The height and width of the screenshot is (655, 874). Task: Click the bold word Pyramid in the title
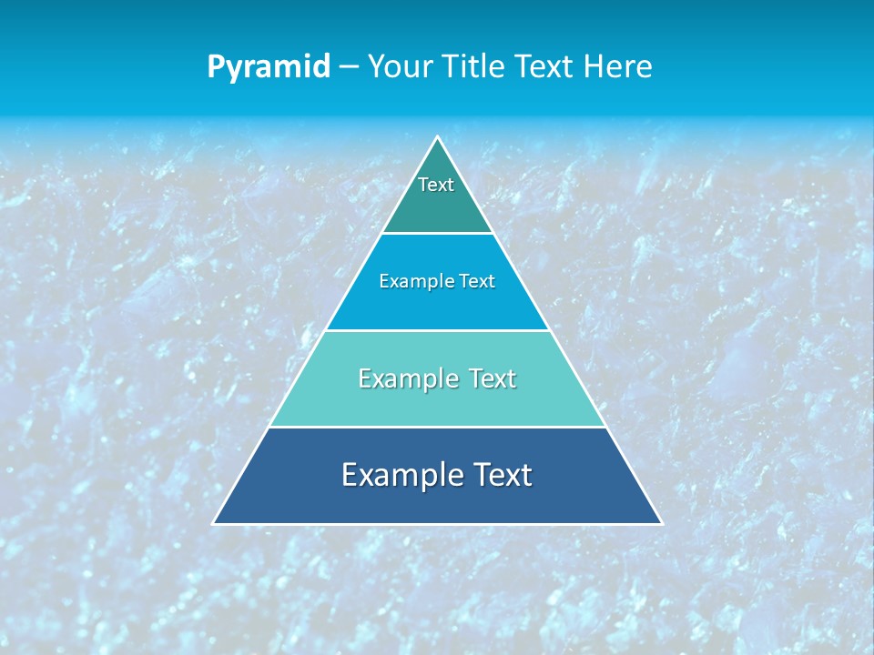269,67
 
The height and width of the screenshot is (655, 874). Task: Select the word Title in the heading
476,66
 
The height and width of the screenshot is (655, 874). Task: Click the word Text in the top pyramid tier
436,185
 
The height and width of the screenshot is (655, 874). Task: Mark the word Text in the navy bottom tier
499,475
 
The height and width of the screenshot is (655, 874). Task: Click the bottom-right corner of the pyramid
661,523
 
